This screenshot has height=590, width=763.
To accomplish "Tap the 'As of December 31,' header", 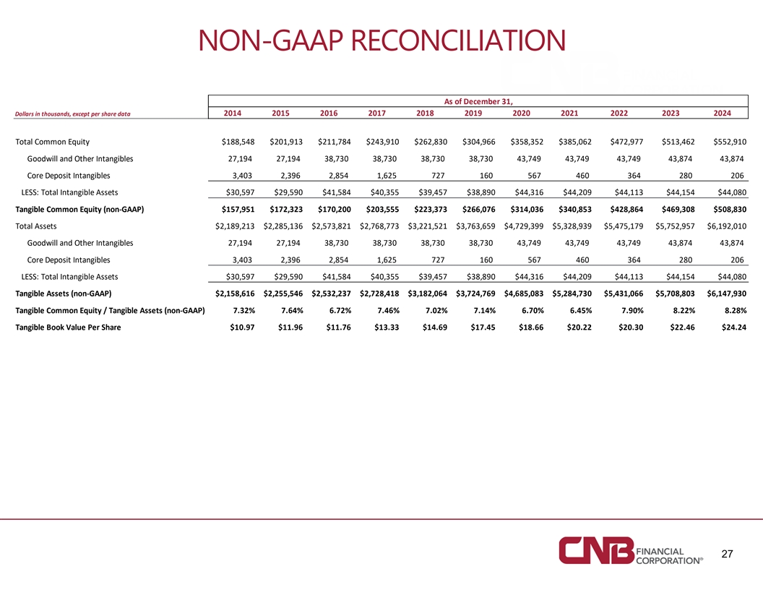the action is (478, 101).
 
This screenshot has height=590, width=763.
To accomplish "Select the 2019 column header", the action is (473, 113).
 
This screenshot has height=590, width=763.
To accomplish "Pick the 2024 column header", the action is (722, 113).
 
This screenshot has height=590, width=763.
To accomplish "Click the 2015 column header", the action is (280, 113).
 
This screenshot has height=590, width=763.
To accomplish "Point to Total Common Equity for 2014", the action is (238, 142).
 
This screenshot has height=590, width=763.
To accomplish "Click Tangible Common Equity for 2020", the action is (527, 210).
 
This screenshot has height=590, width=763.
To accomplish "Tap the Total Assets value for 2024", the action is (726, 226).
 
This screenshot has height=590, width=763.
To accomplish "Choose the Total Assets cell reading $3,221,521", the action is (427, 226).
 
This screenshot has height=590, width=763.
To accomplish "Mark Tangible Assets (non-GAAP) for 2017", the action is (379, 294).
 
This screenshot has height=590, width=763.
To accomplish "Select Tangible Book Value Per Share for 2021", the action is (579, 327).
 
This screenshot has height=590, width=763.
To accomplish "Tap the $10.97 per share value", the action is (242, 327).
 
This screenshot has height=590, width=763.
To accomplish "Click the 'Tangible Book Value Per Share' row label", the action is (68, 327).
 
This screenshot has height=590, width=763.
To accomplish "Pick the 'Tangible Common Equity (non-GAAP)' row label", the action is (79, 210).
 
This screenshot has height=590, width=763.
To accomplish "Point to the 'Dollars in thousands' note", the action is (72, 114).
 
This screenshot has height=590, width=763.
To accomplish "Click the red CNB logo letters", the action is (597, 550).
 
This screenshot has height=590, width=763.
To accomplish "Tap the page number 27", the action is (727, 554).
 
